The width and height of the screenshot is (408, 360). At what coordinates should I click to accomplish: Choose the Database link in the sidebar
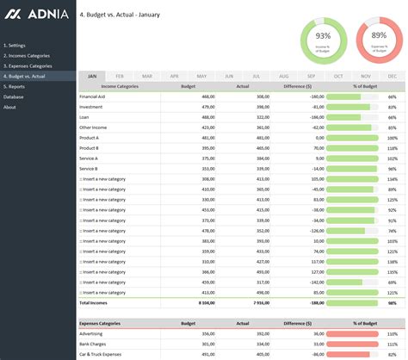14,96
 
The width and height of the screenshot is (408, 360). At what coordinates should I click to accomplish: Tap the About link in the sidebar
9,107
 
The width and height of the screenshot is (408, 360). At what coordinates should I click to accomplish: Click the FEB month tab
120,77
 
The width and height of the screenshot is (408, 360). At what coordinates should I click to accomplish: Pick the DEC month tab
393,77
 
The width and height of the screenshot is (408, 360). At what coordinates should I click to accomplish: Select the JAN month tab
92,77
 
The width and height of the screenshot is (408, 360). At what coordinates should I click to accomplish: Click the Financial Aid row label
93,96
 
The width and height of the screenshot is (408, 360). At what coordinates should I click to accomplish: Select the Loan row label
84,117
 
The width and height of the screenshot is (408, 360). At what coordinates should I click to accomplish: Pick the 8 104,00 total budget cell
204,303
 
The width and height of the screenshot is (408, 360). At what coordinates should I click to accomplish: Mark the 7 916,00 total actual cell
257,303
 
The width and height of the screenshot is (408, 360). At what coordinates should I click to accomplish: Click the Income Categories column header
120,86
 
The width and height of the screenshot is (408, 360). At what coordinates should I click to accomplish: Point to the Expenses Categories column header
102,324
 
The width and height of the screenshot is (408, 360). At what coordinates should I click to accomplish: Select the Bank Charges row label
94,344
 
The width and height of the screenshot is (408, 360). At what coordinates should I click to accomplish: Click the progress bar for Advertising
352,333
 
